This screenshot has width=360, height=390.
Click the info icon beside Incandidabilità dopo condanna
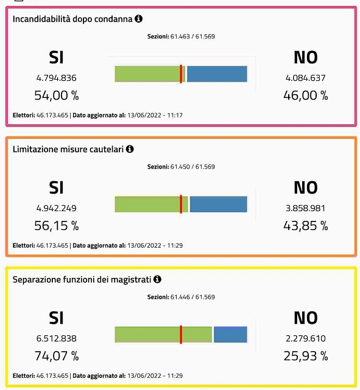click(x=138, y=19)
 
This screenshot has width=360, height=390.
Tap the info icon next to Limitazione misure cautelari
click(x=130, y=149)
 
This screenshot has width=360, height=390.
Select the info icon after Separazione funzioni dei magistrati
click(x=157, y=279)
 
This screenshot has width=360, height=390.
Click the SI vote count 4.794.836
click(x=57, y=78)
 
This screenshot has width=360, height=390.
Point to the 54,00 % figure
click(x=57, y=96)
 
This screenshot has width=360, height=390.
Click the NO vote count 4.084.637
click(x=305, y=78)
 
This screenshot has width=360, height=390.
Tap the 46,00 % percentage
click(x=306, y=96)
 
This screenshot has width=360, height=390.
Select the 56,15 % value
click(x=57, y=226)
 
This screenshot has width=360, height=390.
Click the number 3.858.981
click(x=305, y=208)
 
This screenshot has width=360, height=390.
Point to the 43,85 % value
click(x=306, y=226)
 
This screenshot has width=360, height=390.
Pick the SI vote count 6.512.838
click(x=57, y=338)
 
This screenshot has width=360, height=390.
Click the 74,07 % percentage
click(x=57, y=356)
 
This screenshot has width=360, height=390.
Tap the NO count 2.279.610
click(x=305, y=338)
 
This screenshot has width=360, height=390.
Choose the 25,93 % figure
click(x=306, y=356)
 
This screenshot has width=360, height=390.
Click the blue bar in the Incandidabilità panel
click(x=217, y=74)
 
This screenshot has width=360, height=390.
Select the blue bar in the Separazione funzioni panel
click(x=230, y=335)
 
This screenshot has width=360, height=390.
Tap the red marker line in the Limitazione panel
click(x=181, y=204)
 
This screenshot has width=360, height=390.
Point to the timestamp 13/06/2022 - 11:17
click(x=155, y=115)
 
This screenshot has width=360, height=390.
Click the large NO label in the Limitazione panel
click(x=306, y=187)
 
